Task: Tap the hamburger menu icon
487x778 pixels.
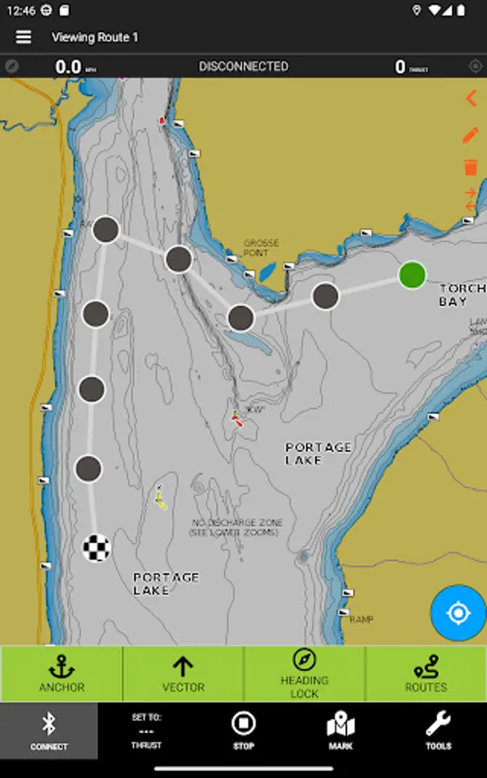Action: (x=23, y=37)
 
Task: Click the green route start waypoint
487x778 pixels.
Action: (x=413, y=275)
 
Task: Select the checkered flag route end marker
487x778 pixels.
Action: (x=96, y=547)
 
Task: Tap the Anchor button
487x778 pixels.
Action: (x=61, y=673)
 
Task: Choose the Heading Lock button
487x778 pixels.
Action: (x=304, y=673)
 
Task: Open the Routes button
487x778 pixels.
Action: (x=426, y=673)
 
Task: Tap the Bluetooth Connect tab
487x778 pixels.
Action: (x=48, y=731)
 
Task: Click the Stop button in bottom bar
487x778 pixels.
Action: (x=244, y=730)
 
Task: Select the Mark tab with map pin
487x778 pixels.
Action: (x=341, y=730)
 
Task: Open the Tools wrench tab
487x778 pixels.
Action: (x=438, y=730)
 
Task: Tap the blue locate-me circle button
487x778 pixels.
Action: (x=458, y=613)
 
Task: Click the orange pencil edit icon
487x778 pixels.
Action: (x=471, y=135)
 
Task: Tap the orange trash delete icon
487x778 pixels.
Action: (x=471, y=167)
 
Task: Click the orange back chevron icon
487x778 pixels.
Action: (x=471, y=99)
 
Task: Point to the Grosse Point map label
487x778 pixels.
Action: (x=261, y=248)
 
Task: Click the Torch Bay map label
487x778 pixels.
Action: (x=458, y=295)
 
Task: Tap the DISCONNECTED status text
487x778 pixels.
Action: (x=243, y=67)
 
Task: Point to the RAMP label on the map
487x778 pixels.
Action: (x=362, y=620)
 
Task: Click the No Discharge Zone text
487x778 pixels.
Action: (x=236, y=527)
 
